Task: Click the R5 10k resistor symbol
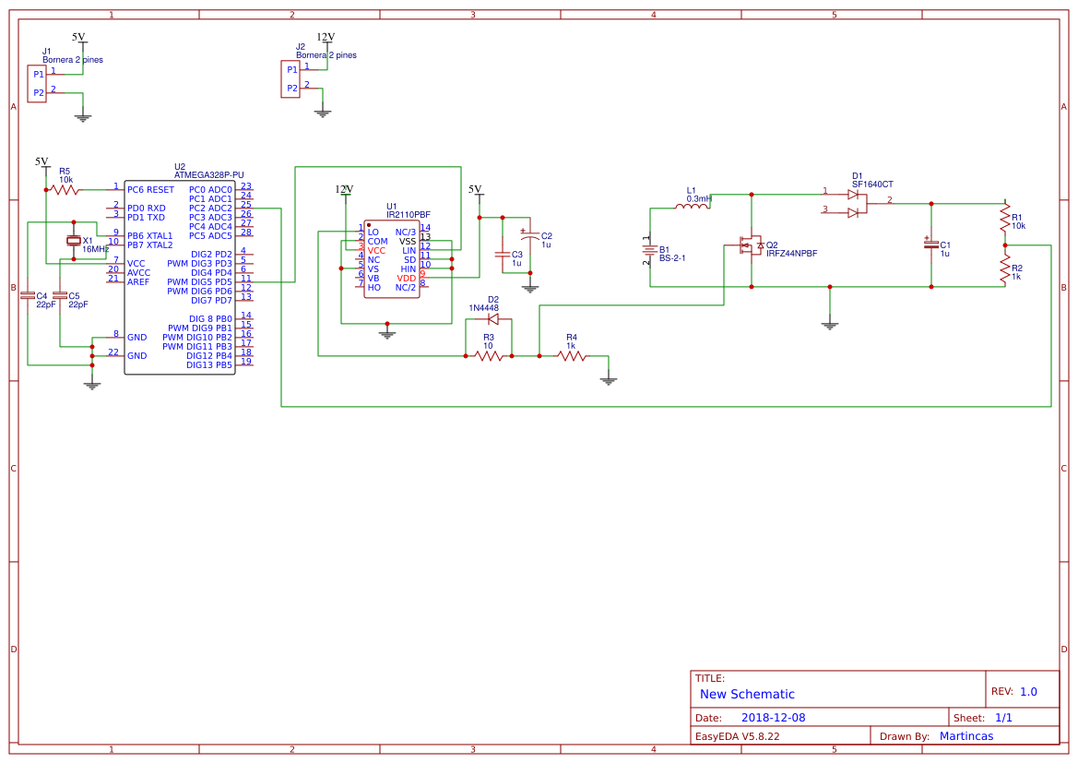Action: pyautogui.click(x=65, y=189)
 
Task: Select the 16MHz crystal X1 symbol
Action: pyautogui.click(x=74, y=241)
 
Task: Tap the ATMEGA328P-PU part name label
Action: pyautogui.click(x=209, y=174)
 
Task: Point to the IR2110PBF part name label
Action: pyautogui.click(x=408, y=214)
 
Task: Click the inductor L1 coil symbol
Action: pyautogui.click(x=692, y=207)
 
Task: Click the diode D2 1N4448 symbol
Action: pyautogui.click(x=492, y=319)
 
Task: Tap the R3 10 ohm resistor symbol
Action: pyautogui.click(x=489, y=355)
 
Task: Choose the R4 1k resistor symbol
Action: pyautogui.click(x=572, y=355)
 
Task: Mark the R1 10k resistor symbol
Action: pyautogui.click(x=1005, y=220)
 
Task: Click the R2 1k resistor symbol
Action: pyautogui.click(x=1005, y=268)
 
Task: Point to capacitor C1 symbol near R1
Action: pyautogui.click(x=931, y=244)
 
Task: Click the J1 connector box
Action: pyautogui.click(x=37, y=83)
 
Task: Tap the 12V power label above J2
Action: pyautogui.click(x=326, y=38)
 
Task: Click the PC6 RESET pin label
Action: pyautogui.click(x=150, y=189)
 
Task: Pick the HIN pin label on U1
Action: pyautogui.click(x=409, y=268)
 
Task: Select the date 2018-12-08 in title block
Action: pyautogui.click(x=773, y=717)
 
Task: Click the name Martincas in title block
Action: pyautogui.click(x=965, y=736)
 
